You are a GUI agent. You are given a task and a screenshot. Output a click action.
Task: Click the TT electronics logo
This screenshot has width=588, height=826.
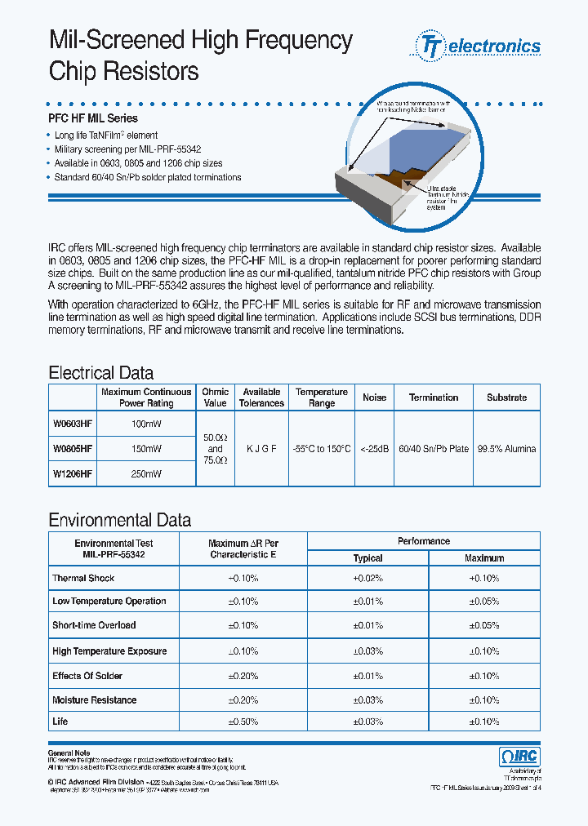tap(479, 46)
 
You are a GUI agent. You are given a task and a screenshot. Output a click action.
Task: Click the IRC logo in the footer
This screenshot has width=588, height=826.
tap(519, 757)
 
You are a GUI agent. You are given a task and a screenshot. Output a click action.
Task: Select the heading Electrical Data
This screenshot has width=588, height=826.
tap(101, 373)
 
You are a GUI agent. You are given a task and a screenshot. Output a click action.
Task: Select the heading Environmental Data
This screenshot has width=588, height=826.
tap(120, 520)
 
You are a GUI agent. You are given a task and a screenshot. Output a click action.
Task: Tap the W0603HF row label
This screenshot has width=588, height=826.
tap(73, 424)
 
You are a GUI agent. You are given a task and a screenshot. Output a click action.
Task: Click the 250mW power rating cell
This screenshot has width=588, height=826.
tap(146, 473)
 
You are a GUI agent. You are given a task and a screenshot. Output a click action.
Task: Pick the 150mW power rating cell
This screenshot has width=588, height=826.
tap(146, 449)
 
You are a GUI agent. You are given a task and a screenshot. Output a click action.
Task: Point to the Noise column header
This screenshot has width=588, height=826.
tap(375, 397)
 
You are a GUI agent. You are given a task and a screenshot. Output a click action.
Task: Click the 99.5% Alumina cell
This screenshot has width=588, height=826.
tap(506, 449)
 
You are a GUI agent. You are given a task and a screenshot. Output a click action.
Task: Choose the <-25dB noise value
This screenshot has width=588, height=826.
tap(375, 449)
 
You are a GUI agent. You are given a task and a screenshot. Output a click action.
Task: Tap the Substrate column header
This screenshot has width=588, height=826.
tap(506, 397)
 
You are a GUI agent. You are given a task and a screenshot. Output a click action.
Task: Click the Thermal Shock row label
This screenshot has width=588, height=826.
tap(83, 578)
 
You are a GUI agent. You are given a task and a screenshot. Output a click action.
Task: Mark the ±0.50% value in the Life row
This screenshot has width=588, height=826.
tap(243, 722)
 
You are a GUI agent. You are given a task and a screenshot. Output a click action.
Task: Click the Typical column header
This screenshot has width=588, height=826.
tap(367, 558)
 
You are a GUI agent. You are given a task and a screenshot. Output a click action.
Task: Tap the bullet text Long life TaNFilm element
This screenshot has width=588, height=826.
tap(106, 135)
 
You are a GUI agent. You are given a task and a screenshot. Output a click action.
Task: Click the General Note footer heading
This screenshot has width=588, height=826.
tap(69, 753)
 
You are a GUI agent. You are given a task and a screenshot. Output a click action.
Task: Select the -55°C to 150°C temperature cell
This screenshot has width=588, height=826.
tap(321, 449)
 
